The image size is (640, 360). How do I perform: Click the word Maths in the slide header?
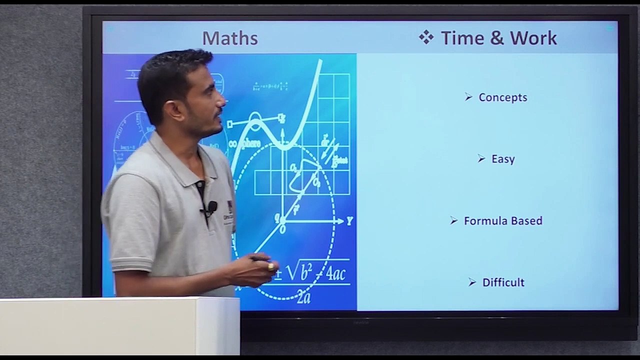(x=229, y=38)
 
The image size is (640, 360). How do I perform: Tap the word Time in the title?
(x=462, y=38)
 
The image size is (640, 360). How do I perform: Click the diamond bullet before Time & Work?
(x=426, y=37)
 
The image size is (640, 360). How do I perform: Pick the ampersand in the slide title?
(x=497, y=38)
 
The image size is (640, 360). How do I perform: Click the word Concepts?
(x=502, y=97)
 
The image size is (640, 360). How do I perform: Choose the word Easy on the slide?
(x=503, y=159)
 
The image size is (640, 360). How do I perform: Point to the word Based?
(x=526, y=221)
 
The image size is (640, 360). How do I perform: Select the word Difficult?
(x=503, y=282)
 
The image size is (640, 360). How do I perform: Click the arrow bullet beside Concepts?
(x=468, y=97)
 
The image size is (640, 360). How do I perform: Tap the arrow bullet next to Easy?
(x=481, y=158)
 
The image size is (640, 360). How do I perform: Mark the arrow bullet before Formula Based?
(x=454, y=220)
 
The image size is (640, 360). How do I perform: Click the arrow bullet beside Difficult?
(x=472, y=282)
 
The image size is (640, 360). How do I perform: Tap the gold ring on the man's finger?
(x=271, y=266)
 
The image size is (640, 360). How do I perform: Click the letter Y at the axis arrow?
(x=349, y=221)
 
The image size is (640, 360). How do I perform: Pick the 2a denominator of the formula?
(x=303, y=298)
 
